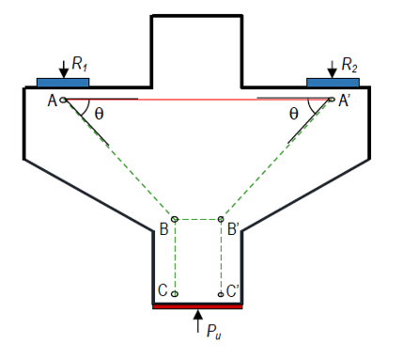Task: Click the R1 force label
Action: (x=80, y=64)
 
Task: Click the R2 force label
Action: (x=349, y=65)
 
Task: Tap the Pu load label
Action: (x=214, y=331)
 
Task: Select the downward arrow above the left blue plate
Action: (x=64, y=69)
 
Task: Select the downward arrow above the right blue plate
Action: (x=332, y=69)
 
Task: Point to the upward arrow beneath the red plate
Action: (x=197, y=321)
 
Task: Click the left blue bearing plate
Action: (x=63, y=82)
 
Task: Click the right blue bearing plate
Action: (x=333, y=82)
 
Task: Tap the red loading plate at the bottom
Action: (x=197, y=306)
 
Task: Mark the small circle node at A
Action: (x=63, y=100)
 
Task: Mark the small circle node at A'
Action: (x=332, y=100)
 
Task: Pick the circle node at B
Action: (x=175, y=219)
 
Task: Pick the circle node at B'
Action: (x=221, y=219)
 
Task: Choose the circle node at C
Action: (x=175, y=294)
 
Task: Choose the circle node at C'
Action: (x=221, y=294)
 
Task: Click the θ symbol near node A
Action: (x=99, y=114)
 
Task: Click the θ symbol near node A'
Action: (x=294, y=114)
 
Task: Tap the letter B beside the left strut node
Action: (x=164, y=229)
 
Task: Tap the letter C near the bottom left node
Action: (x=163, y=290)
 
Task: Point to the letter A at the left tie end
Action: (x=53, y=101)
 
